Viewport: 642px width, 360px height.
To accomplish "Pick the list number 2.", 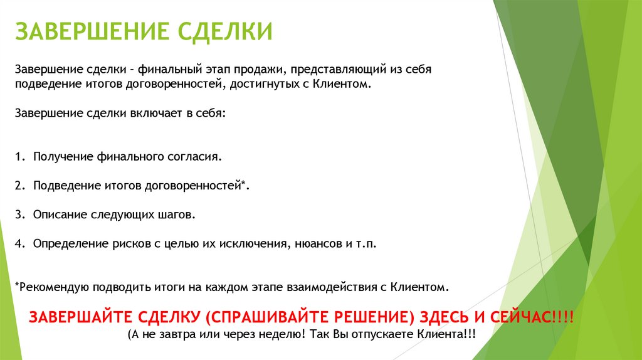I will click(x=19, y=185).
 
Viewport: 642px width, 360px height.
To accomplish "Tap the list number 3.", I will click(x=19, y=214).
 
